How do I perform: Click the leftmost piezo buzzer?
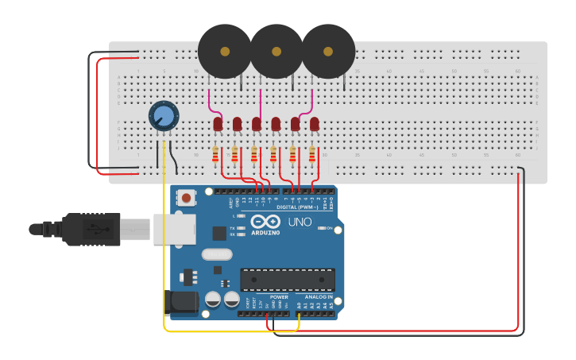[224, 51]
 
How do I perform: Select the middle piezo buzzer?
[276, 51]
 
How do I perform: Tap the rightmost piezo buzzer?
[327, 51]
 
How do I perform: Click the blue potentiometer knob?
[164, 117]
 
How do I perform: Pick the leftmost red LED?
[218, 124]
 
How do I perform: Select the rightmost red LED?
[315, 124]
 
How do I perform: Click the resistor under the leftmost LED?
[215, 155]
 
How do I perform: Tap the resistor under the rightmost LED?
[312, 155]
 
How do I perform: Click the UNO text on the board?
[300, 222]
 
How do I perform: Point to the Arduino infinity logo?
[265, 222]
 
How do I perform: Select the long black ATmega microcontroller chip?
[287, 280]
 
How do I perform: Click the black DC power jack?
[180, 301]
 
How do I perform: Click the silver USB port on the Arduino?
[174, 229]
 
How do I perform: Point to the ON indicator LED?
[320, 228]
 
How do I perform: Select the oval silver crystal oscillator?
[216, 255]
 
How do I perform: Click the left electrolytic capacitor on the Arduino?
[213, 300]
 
